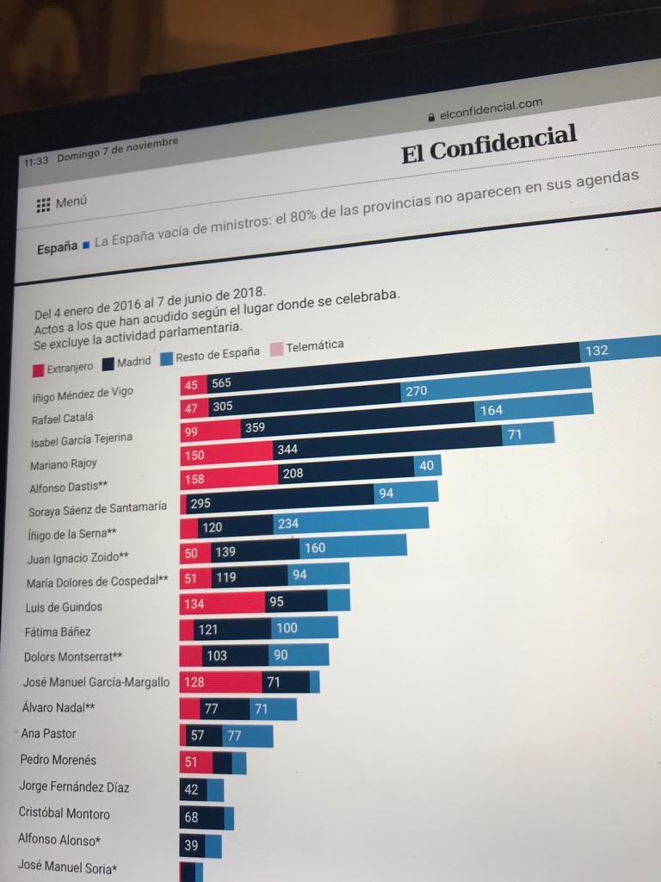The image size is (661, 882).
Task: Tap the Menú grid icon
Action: tap(43, 205)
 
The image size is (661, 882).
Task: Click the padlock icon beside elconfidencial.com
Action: tap(431, 115)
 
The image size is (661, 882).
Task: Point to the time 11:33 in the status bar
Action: tap(36, 159)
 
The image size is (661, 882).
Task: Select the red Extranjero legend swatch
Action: tap(38, 370)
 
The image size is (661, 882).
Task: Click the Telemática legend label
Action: tap(314, 346)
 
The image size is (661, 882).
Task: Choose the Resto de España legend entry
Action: tap(216, 354)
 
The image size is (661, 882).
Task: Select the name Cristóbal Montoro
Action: tap(65, 813)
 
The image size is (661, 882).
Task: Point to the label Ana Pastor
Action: tap(48, 734)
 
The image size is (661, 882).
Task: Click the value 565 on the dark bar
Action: tap(221, 383)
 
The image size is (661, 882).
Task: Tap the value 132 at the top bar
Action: tap(596, 351)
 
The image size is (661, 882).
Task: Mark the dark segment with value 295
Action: tap(200, 503)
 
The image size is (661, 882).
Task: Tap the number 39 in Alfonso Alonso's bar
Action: tap(190, 846)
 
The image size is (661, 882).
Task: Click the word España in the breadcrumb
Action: tap(57, 249)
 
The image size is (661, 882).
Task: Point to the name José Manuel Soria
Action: tap(67, 868)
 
